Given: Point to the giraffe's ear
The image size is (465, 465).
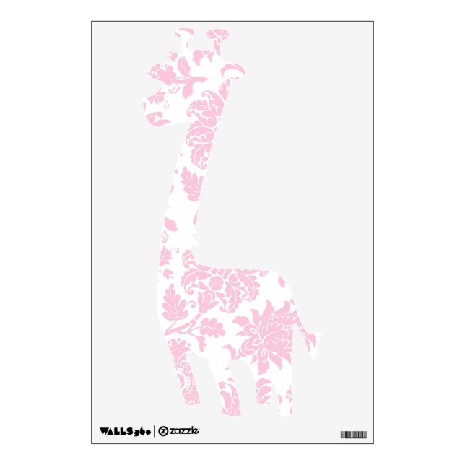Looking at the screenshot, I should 236,69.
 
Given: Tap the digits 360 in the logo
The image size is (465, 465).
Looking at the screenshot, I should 141,433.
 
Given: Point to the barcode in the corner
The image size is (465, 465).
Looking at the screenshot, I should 353,435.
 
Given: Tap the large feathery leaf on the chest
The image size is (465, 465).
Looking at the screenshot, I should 173,303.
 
